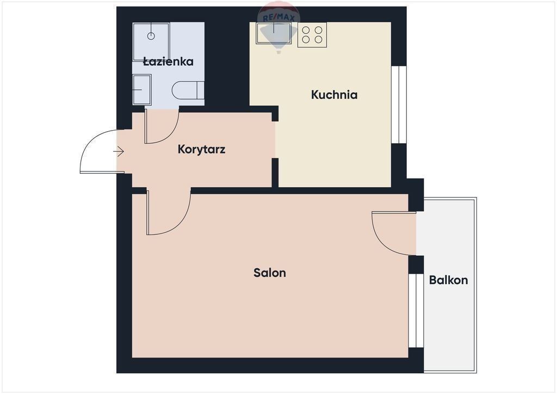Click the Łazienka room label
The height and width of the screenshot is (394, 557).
168,61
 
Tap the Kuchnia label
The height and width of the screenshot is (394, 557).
335,95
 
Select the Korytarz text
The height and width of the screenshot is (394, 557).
201,149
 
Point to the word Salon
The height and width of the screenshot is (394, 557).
270,273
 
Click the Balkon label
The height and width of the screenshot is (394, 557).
448,280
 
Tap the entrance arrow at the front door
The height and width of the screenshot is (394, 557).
118,152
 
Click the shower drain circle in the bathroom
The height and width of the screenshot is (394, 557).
151,36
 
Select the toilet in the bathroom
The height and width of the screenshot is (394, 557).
188,90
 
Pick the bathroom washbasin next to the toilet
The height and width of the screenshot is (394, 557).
142,90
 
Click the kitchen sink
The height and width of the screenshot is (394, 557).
274,33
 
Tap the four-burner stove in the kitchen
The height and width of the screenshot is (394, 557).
312,35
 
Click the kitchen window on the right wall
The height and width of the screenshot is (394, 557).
399,105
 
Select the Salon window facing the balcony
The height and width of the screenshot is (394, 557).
416,311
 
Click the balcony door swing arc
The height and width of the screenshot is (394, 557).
386,242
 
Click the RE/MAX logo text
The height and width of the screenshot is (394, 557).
278,18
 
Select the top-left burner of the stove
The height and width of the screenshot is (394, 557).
306,30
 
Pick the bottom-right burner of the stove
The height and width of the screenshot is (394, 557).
319,39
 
